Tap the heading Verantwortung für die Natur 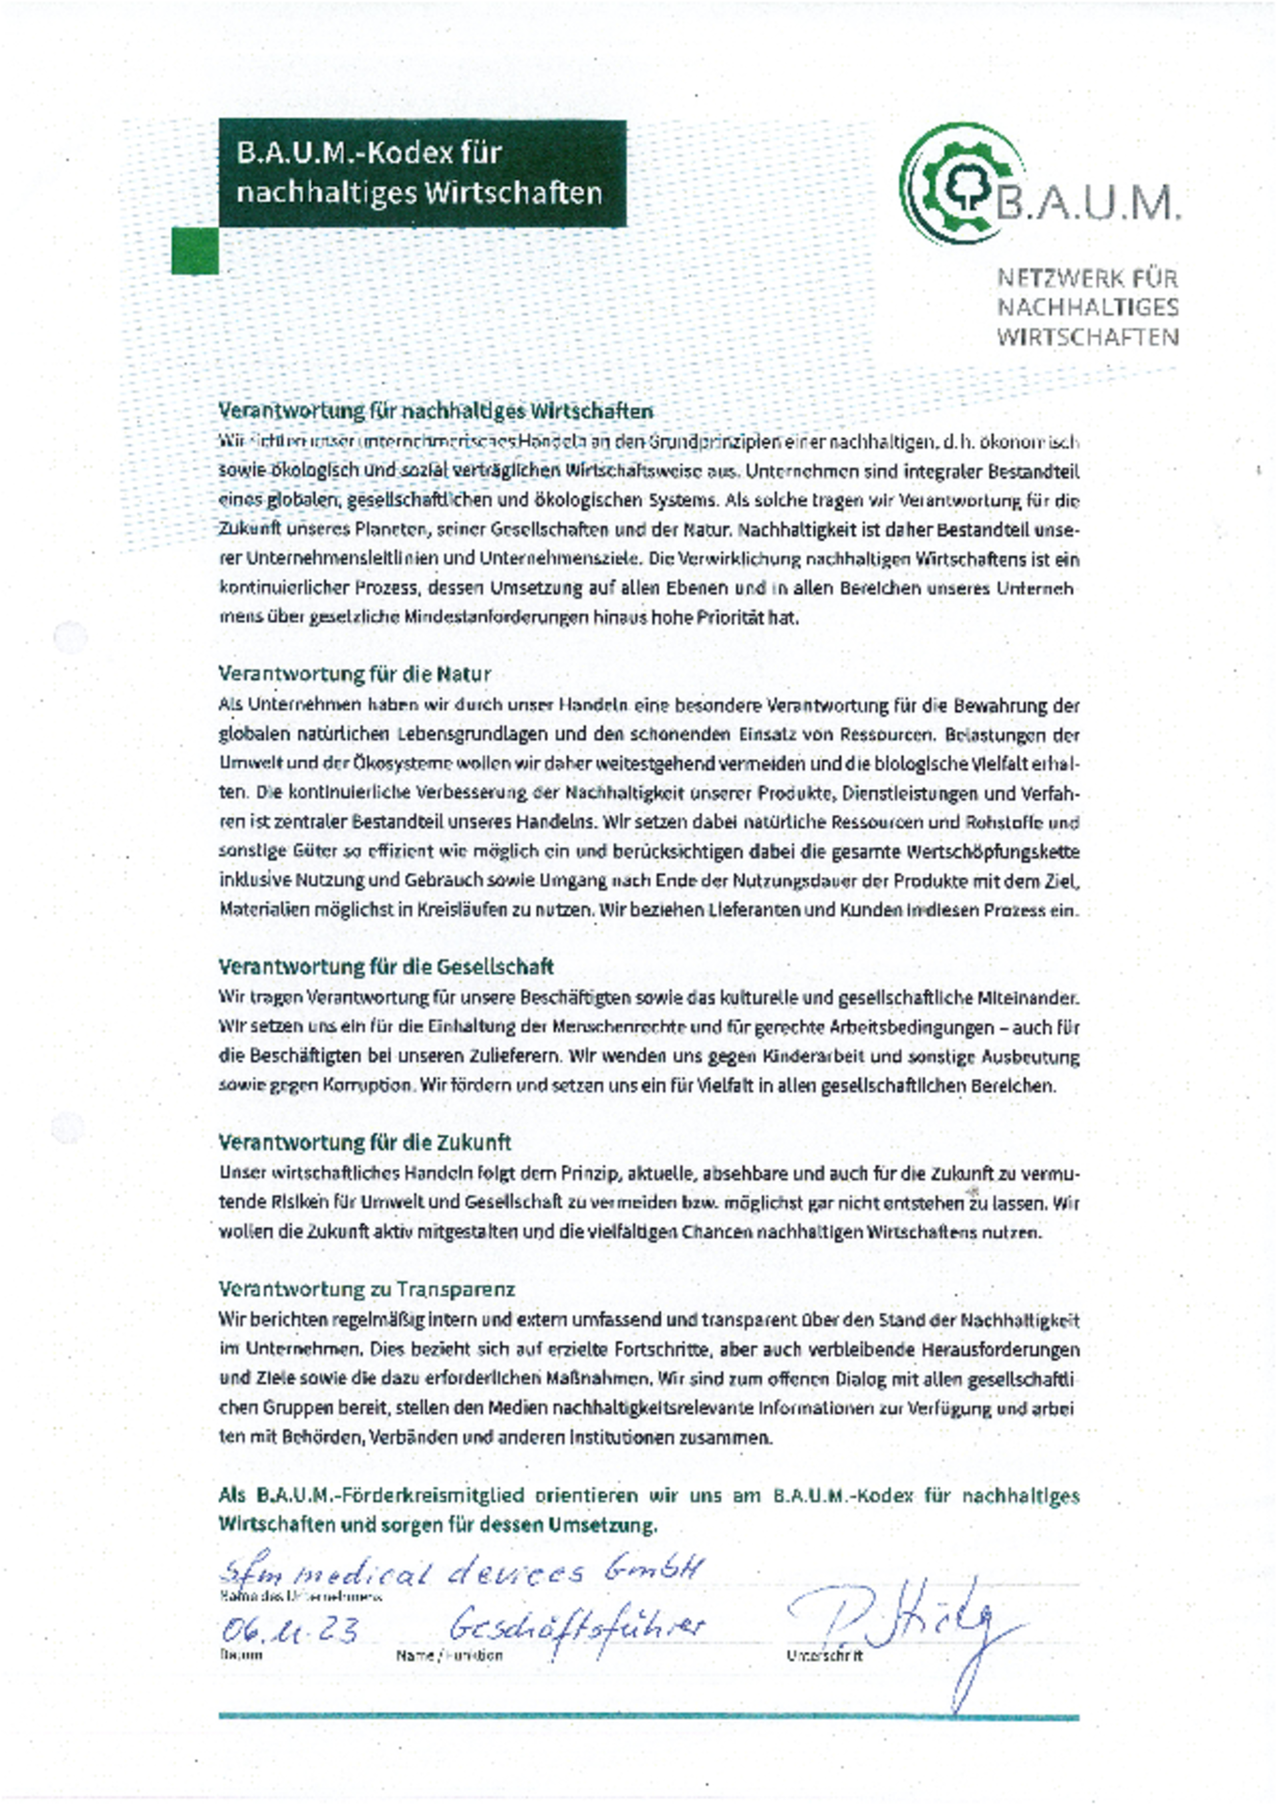click(355, 675)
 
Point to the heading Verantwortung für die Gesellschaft click(386, 967)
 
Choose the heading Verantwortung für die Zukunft click(364, 1142)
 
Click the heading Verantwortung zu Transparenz click(366, 1289)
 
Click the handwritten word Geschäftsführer click(577, 1626)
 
